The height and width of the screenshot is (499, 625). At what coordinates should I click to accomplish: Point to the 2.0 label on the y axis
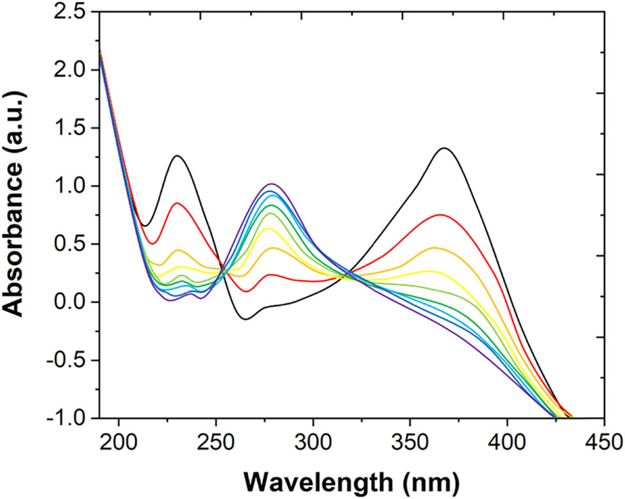point(72,69)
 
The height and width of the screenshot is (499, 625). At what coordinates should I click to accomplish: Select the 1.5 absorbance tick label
point(72,127)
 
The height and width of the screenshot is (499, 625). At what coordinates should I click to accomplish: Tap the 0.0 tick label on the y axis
point(72,302)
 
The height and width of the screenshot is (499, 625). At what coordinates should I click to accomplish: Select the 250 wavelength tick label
point(216,442)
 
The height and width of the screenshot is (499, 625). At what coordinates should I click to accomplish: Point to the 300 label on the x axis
point(313,442)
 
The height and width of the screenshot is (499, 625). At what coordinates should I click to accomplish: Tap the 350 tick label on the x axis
point(410,442)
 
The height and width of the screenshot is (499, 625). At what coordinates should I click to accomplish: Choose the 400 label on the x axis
point(508,442)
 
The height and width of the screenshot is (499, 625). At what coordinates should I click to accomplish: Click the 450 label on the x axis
point(604,442)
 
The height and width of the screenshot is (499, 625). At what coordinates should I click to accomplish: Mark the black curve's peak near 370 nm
point(444,148)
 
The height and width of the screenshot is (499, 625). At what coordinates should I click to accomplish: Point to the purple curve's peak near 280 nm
point(272,184)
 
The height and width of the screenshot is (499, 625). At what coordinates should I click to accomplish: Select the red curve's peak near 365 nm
point(441,215)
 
